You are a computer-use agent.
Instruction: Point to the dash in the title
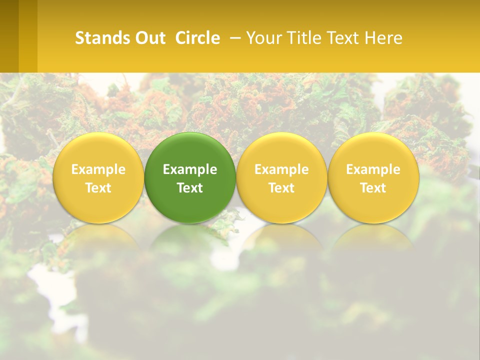coord(233,38)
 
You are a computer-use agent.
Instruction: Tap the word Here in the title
coord(385,38)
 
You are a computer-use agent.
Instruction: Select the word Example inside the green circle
coord(190,169)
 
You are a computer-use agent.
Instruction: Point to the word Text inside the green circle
coord(190,188)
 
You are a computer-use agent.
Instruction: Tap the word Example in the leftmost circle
coord(98,169)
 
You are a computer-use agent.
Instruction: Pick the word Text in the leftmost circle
coord(98,188)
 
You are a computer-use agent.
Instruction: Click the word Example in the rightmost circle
coord(373,169)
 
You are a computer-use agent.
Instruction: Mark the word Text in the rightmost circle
coord(373,188)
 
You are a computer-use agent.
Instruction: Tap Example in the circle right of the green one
coord(281,169)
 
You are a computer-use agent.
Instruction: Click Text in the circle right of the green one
coord(281,188)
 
